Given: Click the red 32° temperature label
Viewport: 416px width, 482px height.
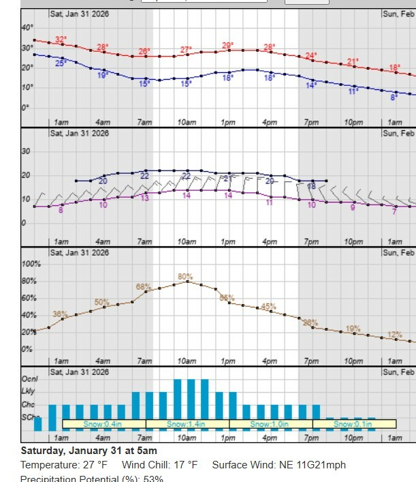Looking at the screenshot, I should (61, 40).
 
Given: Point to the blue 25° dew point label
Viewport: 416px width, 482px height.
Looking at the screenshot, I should (61, 63).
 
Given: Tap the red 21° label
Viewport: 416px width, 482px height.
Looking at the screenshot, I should (353, 62).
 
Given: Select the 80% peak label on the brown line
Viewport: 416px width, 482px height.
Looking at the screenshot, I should (185, 276).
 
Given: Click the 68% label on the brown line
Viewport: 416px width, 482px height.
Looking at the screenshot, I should (143, 287).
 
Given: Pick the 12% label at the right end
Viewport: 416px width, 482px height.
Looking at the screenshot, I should (395, 335).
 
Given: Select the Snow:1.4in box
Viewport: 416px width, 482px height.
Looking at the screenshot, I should (187, 424).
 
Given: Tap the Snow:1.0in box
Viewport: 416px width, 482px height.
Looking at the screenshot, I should (270, 424).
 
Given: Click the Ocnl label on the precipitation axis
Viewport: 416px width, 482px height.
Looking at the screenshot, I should (29, 378).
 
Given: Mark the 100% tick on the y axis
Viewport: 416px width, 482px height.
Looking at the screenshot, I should (31, 264).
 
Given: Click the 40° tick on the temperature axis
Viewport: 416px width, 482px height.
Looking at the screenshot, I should (27, 27).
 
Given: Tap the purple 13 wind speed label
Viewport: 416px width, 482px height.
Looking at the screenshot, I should (145, 198).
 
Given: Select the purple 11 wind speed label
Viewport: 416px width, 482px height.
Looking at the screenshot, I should (270, 202).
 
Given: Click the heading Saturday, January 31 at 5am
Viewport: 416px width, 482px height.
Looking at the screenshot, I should (89, 451).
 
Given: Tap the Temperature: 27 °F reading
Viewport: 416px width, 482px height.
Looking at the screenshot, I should (64, 465).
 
